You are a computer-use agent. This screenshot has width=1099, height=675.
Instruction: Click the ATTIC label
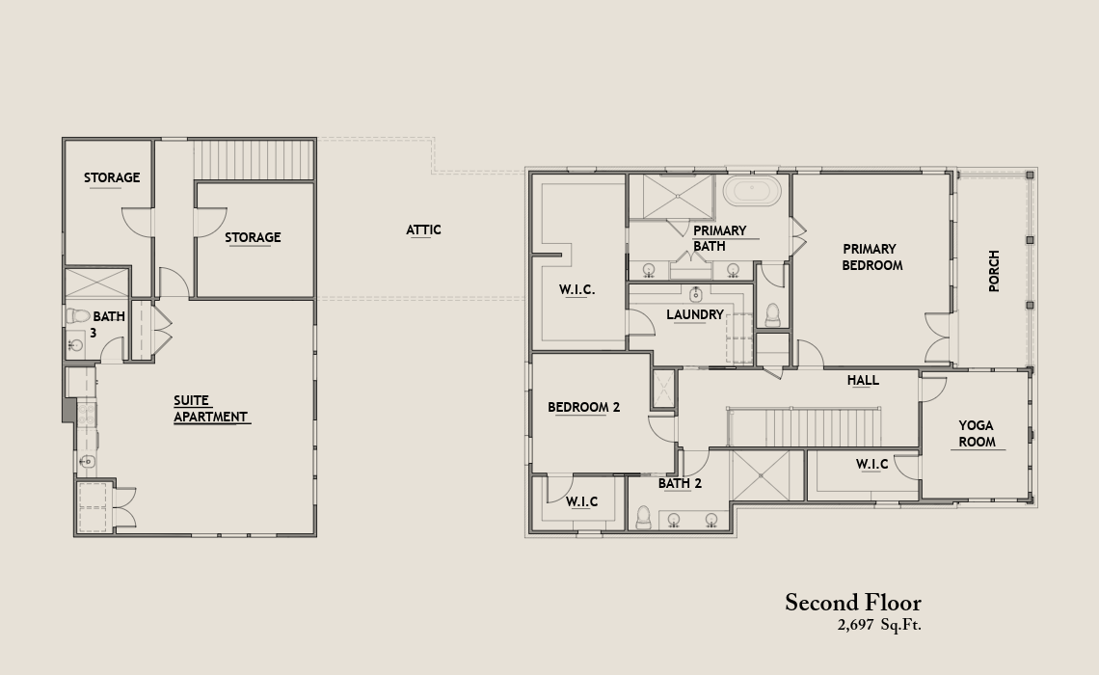click(x=423, y=229)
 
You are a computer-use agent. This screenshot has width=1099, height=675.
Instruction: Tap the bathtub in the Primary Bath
click(x=751, y=190)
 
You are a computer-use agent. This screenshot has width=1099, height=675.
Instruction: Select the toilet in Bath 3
click(x=78, y=316)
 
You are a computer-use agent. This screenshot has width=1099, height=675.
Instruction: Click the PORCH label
click(x=994, y=271)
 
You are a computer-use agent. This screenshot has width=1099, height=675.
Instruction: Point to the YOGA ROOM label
click(x=977, y=433)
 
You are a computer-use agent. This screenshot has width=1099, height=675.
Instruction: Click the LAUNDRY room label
click(x=694, y=314)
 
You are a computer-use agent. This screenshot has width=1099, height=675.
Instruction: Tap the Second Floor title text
click(x=853, y=602)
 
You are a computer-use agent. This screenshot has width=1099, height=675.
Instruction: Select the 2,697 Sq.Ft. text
click(x=879, y=625)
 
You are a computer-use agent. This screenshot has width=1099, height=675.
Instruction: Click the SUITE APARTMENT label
click(x=210, y=409)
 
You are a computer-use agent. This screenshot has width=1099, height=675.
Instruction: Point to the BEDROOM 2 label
click(x=584, y=407)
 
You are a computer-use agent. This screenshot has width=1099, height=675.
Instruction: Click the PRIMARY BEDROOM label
click(x=871, y=257)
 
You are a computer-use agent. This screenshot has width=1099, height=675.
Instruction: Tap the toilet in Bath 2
click(x=643, y=517)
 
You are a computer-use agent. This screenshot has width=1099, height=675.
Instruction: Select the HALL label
click(x=863, y=380)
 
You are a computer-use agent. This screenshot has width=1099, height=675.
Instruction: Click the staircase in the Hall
click(x=802, y=427)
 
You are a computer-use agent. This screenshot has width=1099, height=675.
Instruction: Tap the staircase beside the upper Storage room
click(x=253, y=159)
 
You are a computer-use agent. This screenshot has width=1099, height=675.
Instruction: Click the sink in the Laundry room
click(x=696, y=294)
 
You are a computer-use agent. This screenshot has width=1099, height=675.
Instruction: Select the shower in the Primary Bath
click(x=679, y=197)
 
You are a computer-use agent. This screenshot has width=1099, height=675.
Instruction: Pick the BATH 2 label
click(x=680, y=484)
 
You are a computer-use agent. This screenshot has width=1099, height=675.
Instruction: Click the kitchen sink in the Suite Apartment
click(x=86, y=461)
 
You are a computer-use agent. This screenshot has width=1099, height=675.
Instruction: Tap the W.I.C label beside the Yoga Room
click(x=871, y=464)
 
